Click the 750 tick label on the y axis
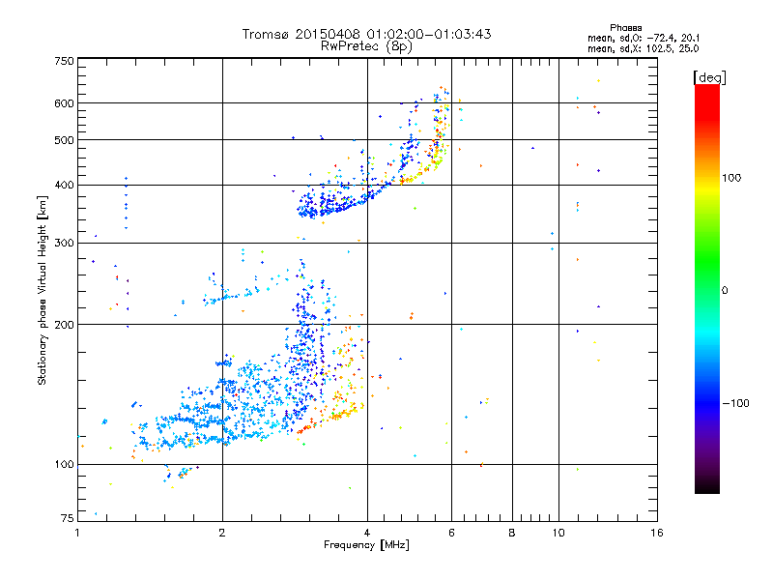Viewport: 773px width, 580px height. pos(64,61)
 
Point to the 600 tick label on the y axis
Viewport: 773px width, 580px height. pos(64,103)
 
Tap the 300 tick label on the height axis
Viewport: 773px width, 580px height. pos(64,243)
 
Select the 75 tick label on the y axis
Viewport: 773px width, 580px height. pos(67,519)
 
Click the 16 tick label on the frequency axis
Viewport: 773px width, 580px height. pos(656,533)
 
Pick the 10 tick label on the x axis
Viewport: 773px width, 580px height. pos(558,533)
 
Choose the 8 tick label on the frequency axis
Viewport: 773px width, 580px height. pos(512,533)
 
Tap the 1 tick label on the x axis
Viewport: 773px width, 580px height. pos(78,533)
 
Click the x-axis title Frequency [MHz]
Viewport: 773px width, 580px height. pos(366,546)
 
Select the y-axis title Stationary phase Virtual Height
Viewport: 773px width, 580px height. pos(43,291)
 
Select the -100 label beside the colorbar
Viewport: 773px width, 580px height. pos(734,403)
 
